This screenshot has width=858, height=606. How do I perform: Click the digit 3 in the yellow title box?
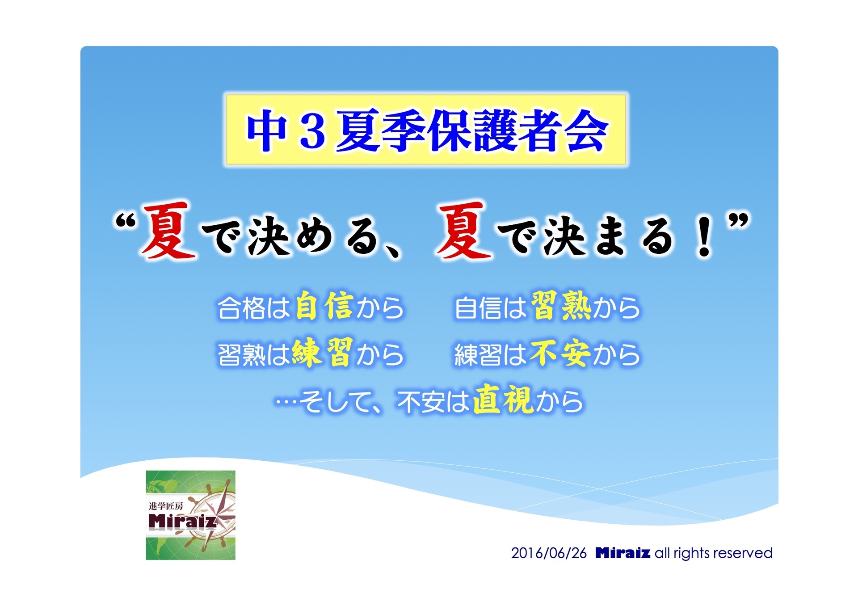click(312, 130)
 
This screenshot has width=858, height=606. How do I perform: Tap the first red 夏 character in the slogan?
click(168, 230)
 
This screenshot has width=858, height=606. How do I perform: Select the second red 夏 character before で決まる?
click(463, 230)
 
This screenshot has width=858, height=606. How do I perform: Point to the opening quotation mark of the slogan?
click(125, 222)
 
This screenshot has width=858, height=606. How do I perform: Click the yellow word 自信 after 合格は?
click(325, 306)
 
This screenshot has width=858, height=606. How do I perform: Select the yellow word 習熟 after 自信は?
click(561, 306)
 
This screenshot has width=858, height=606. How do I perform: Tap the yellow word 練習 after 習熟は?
click(322, 353)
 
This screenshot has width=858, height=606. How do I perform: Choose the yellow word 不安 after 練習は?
click(560, 353)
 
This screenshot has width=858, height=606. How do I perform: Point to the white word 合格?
click(241, 308)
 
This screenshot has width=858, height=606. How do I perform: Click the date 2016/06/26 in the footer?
click(549, 553)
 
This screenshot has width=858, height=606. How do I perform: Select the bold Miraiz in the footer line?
click(623, 553)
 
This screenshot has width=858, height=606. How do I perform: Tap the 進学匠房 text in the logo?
click(166, 506)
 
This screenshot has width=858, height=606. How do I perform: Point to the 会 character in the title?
click(586, 130)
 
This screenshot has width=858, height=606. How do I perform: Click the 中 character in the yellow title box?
click(266, 130)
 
